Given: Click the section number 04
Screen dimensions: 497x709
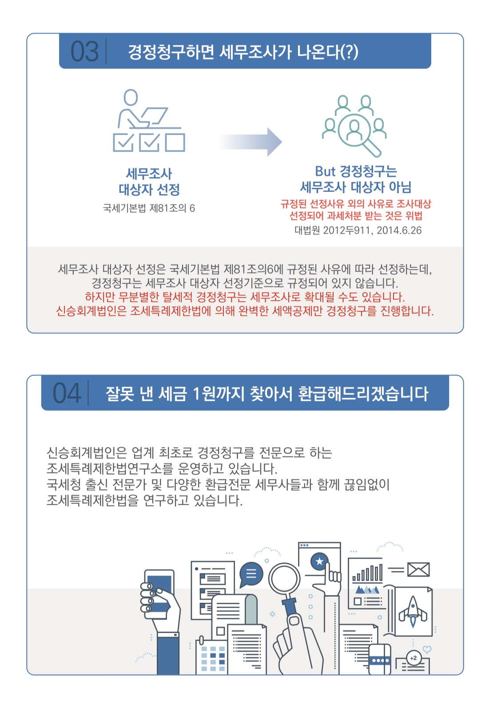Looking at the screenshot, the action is (x=67, y=393).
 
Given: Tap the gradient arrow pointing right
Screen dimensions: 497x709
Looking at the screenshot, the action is (x=250, y=142).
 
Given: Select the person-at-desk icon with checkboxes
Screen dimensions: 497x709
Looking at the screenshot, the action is (x=149, y=120).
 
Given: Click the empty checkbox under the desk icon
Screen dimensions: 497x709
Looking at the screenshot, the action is (x=175, y=143).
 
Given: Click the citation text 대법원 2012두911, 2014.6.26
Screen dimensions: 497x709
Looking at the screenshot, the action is (x=358, y=230).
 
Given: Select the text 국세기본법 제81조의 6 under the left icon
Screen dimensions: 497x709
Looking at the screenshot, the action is (x=149, y=208).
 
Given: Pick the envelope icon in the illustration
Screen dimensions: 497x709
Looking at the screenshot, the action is (x=418, y=570).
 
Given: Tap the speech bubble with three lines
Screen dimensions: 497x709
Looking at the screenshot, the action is (x=251, y=574).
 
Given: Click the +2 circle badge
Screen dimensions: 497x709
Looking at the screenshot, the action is (x=414, y=658).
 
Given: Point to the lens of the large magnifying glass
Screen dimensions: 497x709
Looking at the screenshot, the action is (x=284, y=579).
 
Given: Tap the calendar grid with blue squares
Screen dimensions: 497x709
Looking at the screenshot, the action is (x=213, y=658).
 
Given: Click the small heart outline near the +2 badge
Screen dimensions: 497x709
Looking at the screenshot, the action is (x=427, y=649).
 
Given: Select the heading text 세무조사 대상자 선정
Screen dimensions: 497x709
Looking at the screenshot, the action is (x=149, y=182).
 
